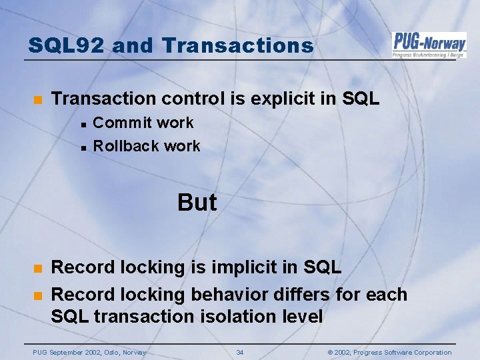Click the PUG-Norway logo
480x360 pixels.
pyautogui.click(x=429, y=45)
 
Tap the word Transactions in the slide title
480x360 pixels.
pyautogui.click(x=237, y=45)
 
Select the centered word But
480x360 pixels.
pyautogui.click(x=197, y=203)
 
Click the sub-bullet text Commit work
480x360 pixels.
pyautogui.click(x=143, y=123)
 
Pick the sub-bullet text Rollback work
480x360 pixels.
pyautogui.click(x=147, y=146)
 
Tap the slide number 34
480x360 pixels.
pyautogui.click(x=240, y=352)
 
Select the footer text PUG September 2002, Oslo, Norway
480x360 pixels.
pyautogui.click(x=89, y=352)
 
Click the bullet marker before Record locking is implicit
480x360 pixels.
pyautogui.click(x=38, y=268)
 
